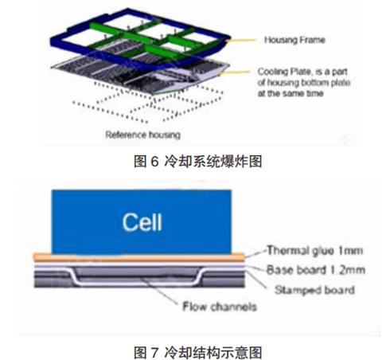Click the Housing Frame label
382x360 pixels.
[294, 40]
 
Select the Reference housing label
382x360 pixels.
[142, 135]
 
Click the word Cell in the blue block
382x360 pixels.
[142, 222]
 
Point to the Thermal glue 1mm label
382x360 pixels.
[314, 250]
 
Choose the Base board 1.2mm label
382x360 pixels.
[316, 270]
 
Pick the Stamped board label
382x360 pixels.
[314, 290]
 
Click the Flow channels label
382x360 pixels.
[220, 307]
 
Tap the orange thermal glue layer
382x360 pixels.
[138, 256]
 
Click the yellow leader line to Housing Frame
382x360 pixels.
[241, 41]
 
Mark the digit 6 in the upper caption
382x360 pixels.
[154, 162]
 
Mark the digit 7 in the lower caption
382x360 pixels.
[154, 352]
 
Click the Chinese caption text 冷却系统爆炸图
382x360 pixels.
[213, 162]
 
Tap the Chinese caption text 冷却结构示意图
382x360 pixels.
[213, 352]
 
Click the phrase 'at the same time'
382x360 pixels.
[290, 93]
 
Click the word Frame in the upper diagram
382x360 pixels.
[312, 40]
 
